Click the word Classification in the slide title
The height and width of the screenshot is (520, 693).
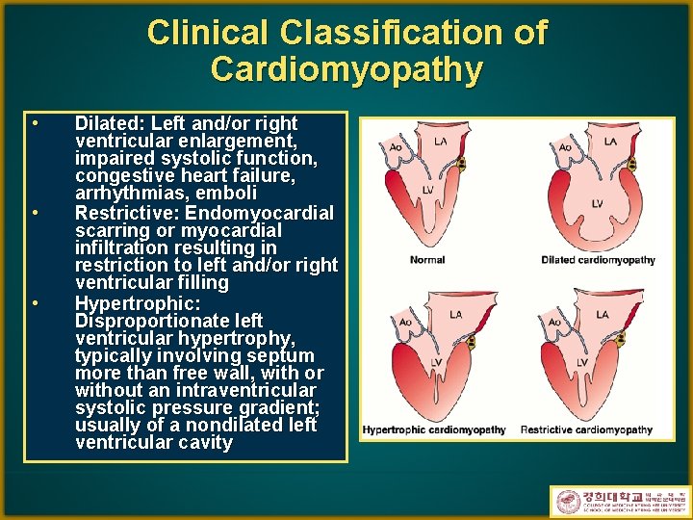[x=396, y=33]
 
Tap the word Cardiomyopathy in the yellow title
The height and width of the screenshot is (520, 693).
[x=346, y=69]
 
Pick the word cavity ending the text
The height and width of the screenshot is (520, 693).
[x=198, y=443]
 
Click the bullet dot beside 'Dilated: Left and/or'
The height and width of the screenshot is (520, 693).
[x=34, y=123]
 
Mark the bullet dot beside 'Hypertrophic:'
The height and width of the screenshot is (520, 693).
[x=34, y=302]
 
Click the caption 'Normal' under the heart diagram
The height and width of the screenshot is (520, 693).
[x=427, y=260]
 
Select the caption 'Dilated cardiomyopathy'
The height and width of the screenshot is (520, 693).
[x=598, y=260]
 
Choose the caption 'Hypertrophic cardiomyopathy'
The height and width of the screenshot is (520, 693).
[x=434, y=429]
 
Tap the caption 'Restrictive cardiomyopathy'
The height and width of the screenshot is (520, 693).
[x=586, y=429]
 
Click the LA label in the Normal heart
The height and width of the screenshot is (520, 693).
[x=441, y=142]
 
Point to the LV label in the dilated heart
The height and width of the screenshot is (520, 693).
[x=597, y=203]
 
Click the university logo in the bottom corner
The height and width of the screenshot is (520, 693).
[x=619, y=502]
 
